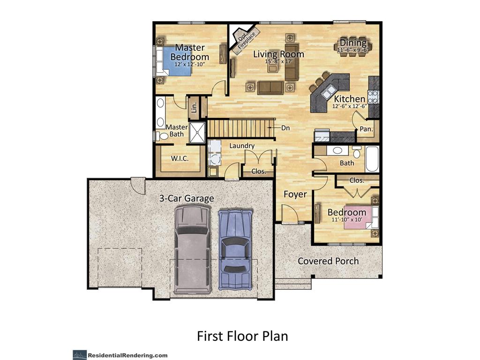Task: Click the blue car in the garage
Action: tap(235, 249)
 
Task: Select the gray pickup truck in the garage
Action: tap(193, 249)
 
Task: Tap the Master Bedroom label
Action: tap(190, 52)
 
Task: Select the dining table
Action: tap(353, 46)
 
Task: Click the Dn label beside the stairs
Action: tap(285, 127)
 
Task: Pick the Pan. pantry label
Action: tap(366, 129)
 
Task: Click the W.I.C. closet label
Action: tap(180, 158)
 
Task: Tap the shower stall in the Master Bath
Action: tap(197, 133)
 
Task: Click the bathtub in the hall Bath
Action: tap(372, 159)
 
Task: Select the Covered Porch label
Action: tap(328, 261)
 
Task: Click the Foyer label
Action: tap(295, 195)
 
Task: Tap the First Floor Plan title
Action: tap(242, 336)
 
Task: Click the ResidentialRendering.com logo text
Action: tap(127, 355)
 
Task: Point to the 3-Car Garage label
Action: tap(187, 198)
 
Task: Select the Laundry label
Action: tap(242, 146)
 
